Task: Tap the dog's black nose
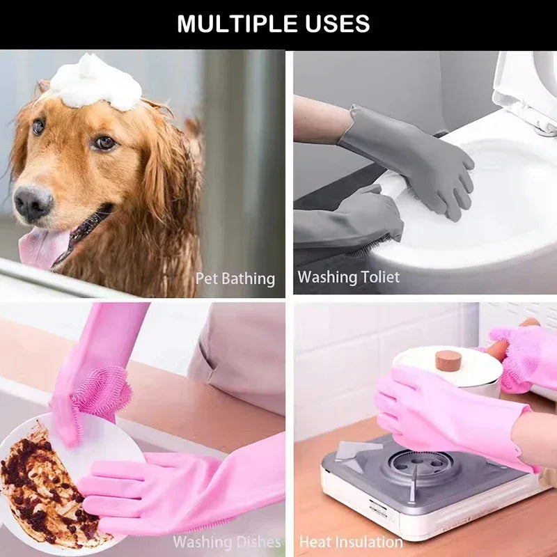point(33,202)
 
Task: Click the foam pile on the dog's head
point(96,82)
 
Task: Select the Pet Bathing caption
point(235,278)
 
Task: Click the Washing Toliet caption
point(349,277)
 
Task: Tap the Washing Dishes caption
point(227,541)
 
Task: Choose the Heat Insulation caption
point(351,541)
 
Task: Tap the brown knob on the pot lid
point(448,361)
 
